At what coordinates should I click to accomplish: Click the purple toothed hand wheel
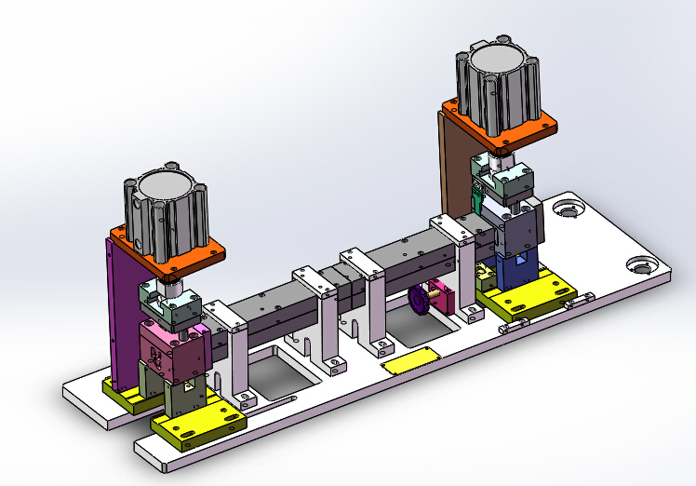(421, 302)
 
